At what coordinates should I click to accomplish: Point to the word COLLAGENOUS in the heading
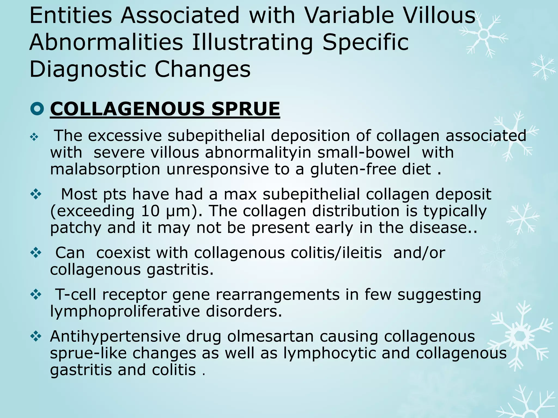[x=127, y=109]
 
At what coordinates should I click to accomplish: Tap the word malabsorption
[x=105, y=169]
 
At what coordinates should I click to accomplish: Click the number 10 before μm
[x=150, y=211]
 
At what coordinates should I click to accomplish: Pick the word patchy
[x=76, y=228]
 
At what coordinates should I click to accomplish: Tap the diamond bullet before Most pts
[x=36, y=194]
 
